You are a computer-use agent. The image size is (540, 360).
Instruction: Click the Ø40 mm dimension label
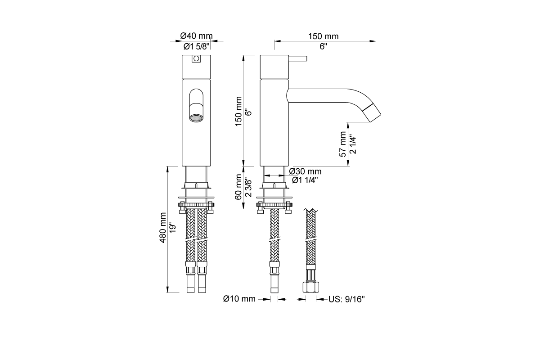coord(196,36)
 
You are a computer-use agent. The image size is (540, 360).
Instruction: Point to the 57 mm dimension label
coord(343,144)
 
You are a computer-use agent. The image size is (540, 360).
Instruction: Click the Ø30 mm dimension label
coord(306,171)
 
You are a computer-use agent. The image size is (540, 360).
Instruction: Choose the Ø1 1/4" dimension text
coord(306,180)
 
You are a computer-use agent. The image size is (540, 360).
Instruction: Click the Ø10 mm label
coord(239,299)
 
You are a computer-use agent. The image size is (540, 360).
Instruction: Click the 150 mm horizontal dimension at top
coord(323,36)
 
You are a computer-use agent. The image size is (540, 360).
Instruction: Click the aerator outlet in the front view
coord(196,118)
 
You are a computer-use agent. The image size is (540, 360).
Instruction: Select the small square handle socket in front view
coord(196,59)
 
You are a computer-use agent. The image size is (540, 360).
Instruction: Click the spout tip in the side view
coord(373,112)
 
